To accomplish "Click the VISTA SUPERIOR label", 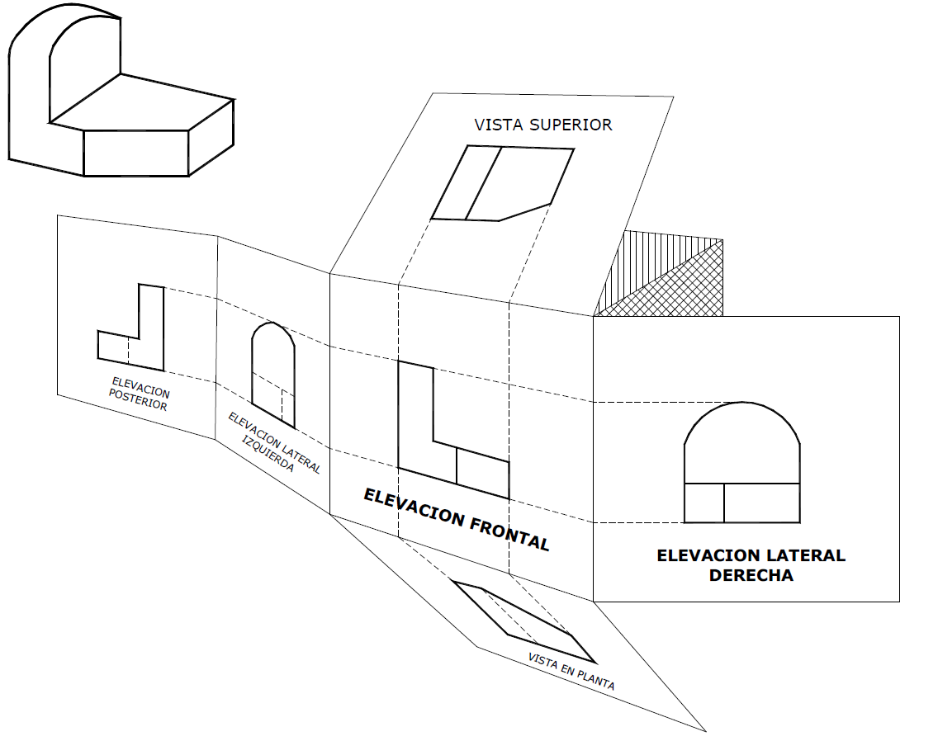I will pos(543,125).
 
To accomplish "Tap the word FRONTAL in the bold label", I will pos(509,532).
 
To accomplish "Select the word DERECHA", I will pos(751,576).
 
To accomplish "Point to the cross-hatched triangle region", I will pos(677,289).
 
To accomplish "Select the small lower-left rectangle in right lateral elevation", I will pos(704,503).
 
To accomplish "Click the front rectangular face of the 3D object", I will pos(136,153).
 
